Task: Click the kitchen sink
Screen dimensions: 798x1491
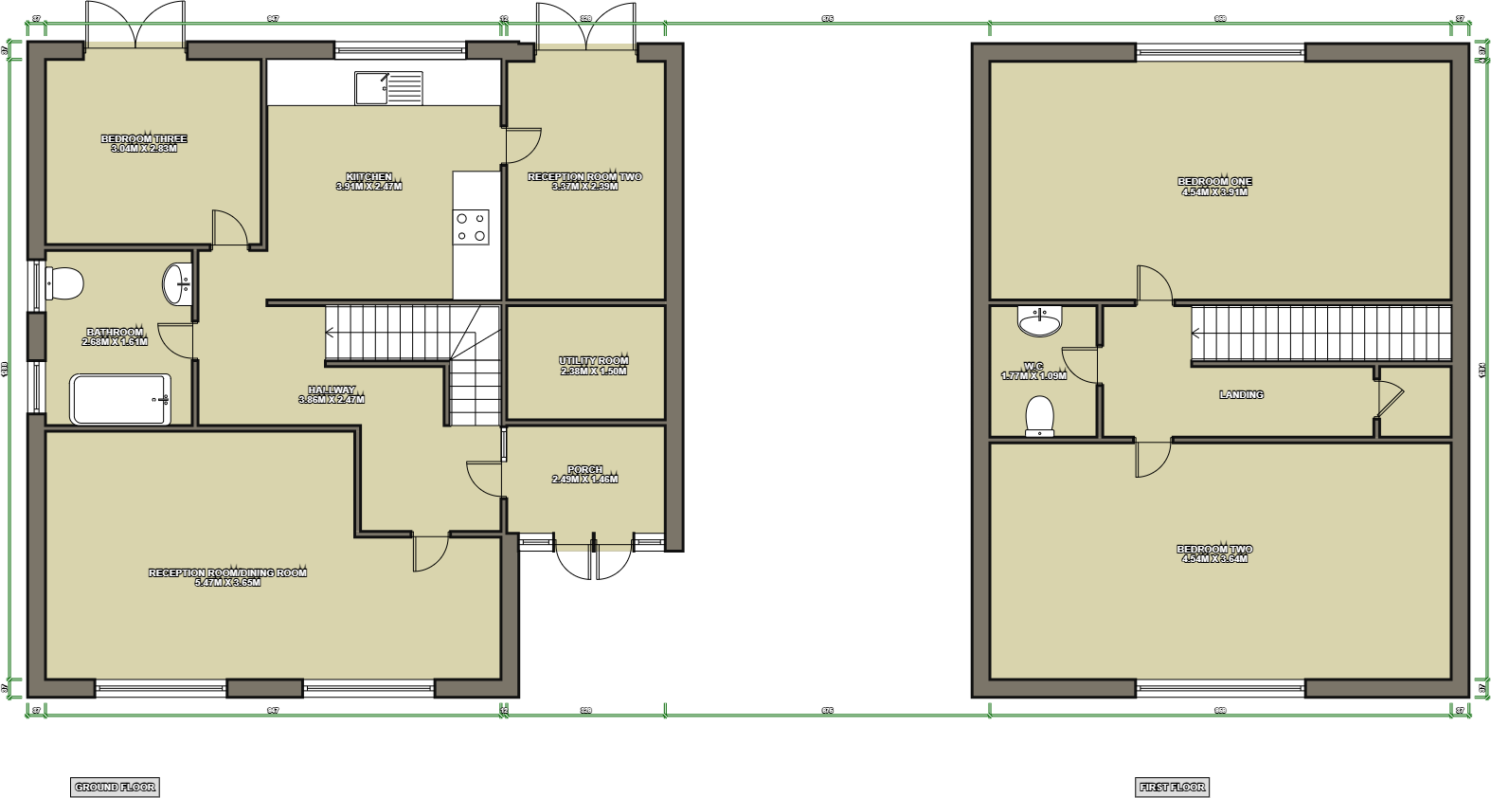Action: click(388, 88)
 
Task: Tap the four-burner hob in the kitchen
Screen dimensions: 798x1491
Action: click(471, 227)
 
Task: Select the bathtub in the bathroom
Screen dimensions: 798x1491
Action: click(120, 400)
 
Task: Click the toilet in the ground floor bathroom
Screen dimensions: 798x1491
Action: click(64, 283)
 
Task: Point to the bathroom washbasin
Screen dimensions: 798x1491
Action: click(177, 283)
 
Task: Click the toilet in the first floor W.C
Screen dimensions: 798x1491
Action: click(1039, 416)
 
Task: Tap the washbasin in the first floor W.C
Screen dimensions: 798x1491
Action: click(1039, 321)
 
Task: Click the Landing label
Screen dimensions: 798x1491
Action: click(1241, 395)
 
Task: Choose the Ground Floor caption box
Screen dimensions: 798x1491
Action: click(115, 787)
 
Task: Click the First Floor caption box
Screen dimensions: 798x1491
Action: click(1172, 787)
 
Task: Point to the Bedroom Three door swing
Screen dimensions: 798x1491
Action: click(230, 227)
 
